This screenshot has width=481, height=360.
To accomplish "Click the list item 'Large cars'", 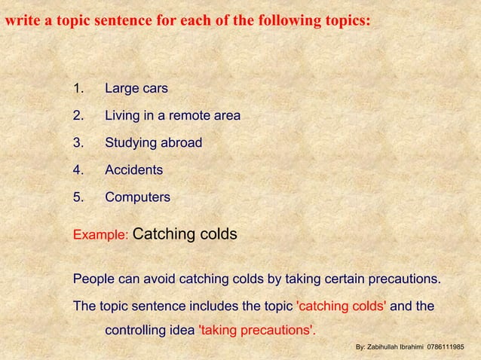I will pyautogui.click(x=136, y=89).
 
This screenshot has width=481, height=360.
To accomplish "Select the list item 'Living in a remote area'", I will pyautogui.click(x=172, y=116).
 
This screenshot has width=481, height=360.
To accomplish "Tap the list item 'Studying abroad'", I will pyautogui.click(x=153, y=143).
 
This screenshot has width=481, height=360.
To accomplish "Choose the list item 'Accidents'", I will pyautogui.click(x=133, y=170).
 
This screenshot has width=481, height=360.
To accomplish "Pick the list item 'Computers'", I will pyautogui.click(x=137, y=197).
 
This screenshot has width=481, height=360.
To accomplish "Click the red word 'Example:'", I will pyautogui.click(x=101, y=235).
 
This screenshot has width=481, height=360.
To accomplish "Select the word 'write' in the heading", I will pyautogui.click(x=20, y=20).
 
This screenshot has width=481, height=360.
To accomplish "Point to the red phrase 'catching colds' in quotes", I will pyautogui.click(x=343, y=307).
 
